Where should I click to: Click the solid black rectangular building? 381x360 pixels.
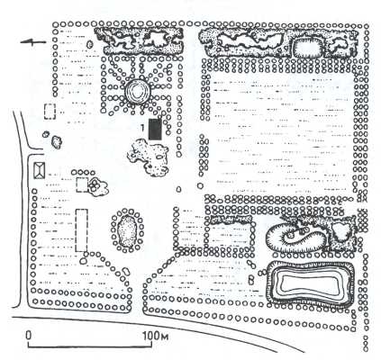point(155,130)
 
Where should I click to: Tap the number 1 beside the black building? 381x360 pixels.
point(143,128)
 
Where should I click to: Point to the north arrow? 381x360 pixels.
point(33,42)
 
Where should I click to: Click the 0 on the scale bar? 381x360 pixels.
point(29,335)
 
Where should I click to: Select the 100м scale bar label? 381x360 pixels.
point(155,336)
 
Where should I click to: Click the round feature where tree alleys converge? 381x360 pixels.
point(138,92)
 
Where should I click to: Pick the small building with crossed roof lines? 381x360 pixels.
point(39,170)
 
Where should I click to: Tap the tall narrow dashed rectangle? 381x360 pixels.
point(81,230)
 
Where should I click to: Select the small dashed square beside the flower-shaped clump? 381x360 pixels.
point(82,184)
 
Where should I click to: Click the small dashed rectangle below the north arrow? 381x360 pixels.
point(50,112)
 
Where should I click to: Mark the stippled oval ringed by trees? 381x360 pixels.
point(127,230)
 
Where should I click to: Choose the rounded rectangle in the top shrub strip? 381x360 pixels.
point(307,47)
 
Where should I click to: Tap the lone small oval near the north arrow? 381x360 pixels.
point(89,44)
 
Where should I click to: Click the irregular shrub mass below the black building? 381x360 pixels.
point(149,157)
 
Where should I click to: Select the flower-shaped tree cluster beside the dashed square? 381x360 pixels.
point(97,186)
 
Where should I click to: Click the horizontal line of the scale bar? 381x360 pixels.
point(90,347)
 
